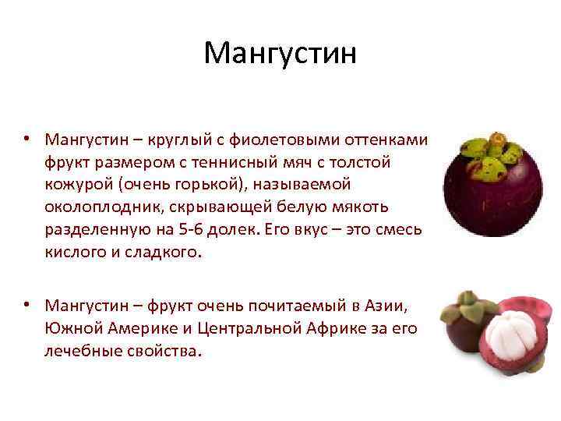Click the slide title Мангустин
[x=280, y=54]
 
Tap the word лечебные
[x=79, y=351]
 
